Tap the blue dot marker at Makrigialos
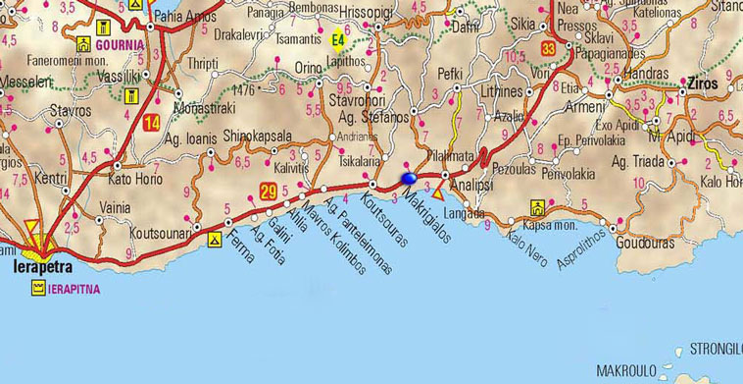pyautogui.click(x=408, y=179)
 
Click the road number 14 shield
pyautogui.click(x=151, y=123)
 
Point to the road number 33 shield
pyautogui.click(x=548, y=49)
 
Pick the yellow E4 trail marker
pyautogui.click(x=338, y=40)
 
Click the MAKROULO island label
pyautogui.click(x=631, y=369)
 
